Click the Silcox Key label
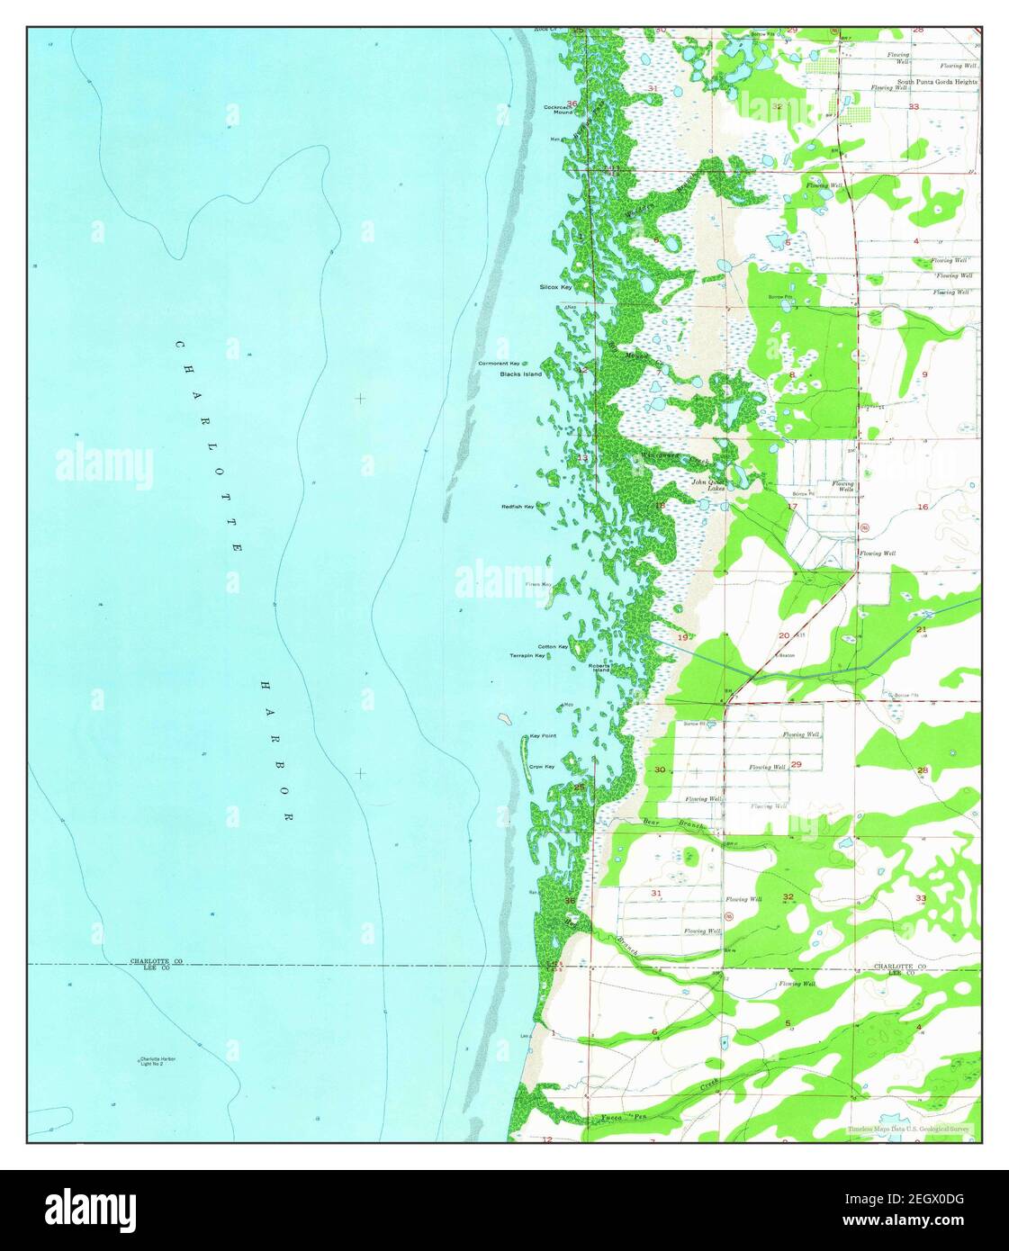(x=555, y=287)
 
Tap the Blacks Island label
(x=521, y=373)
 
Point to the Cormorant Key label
(x=500, y=363)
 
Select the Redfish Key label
(x=518, y=507)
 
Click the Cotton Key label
(x=553, y=647)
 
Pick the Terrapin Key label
(x=527, y=656)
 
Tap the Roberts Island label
(x=599, y=668)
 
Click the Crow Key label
(x=541, y=767)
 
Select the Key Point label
(x=543, y=736)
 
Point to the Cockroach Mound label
(x=558, y=110)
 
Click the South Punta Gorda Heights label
(x=931, y=82)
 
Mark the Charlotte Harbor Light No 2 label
(x=158, y=1061)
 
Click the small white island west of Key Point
(x=505, y=718)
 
